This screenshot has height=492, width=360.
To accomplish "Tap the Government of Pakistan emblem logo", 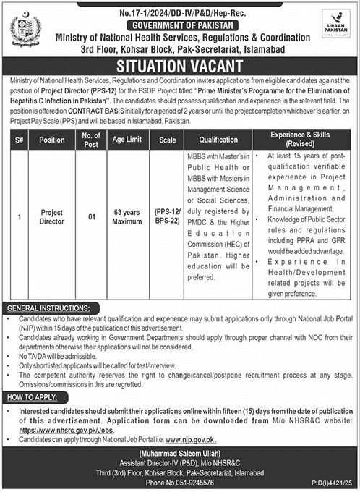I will [26, 31].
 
